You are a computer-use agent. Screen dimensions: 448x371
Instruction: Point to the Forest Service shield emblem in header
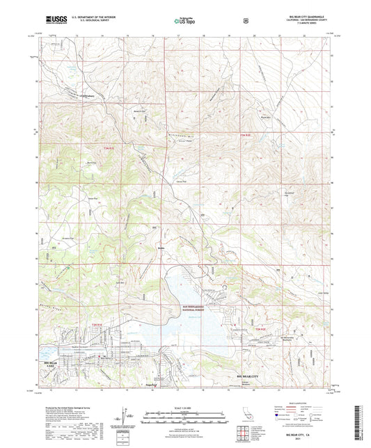(x=245, y=22)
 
